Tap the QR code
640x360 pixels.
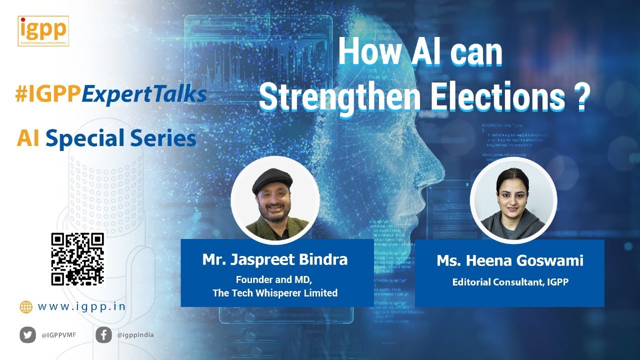pos(77,259)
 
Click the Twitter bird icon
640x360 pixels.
pos(28,335)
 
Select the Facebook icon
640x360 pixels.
pos(103,335)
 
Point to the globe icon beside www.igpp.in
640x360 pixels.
pos(26,306)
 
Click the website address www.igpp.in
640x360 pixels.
pos(82,306)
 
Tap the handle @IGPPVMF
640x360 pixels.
pos(59,335)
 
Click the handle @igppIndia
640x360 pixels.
pos(135,335)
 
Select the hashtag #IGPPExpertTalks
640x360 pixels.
pos(111,94)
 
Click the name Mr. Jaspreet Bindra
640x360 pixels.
pos(274,259)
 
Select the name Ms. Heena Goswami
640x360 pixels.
pos(510,260)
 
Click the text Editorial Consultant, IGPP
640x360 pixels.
pos(510,282)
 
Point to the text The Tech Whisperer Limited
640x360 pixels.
pos(275,293)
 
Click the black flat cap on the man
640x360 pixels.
pos(272,179)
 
